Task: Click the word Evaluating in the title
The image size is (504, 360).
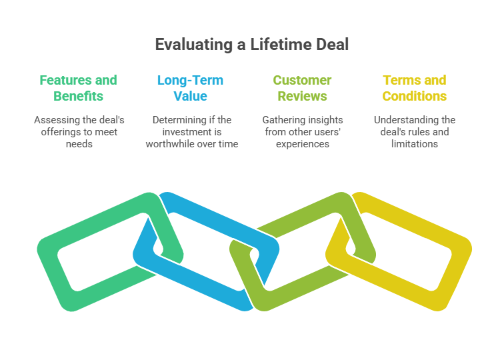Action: pos(194,45)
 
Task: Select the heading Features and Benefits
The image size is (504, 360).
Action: pos(78,88)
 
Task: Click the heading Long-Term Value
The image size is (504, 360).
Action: pos(190,88)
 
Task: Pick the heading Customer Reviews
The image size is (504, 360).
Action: pos(302,88)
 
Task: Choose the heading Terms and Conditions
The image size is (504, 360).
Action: pos(414,88)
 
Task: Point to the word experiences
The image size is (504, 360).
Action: pos(303,144)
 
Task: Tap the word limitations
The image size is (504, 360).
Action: pos(414,144)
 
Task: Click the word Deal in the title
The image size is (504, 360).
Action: pos(331,44)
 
